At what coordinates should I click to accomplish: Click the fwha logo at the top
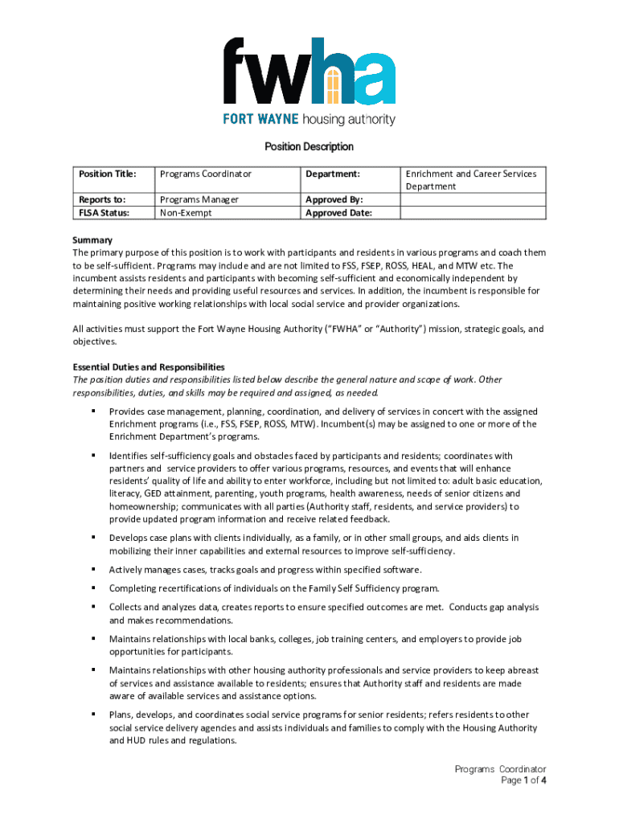309,72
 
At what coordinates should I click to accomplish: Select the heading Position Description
309,147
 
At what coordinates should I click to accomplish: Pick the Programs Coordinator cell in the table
206,174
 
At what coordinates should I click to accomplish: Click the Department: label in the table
333,174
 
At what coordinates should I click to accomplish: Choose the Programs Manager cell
199,199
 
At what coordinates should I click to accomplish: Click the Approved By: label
334,199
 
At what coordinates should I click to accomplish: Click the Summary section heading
92,240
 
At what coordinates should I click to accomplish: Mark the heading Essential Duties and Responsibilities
149,366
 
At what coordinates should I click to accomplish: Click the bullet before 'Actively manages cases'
94,570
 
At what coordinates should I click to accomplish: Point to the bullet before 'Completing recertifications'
94,588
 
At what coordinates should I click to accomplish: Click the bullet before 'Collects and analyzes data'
94,608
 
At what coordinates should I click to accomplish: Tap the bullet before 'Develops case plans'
94,538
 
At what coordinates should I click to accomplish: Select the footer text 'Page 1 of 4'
523,780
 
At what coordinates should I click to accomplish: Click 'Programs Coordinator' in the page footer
500,769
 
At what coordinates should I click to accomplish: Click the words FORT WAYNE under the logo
260,120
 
